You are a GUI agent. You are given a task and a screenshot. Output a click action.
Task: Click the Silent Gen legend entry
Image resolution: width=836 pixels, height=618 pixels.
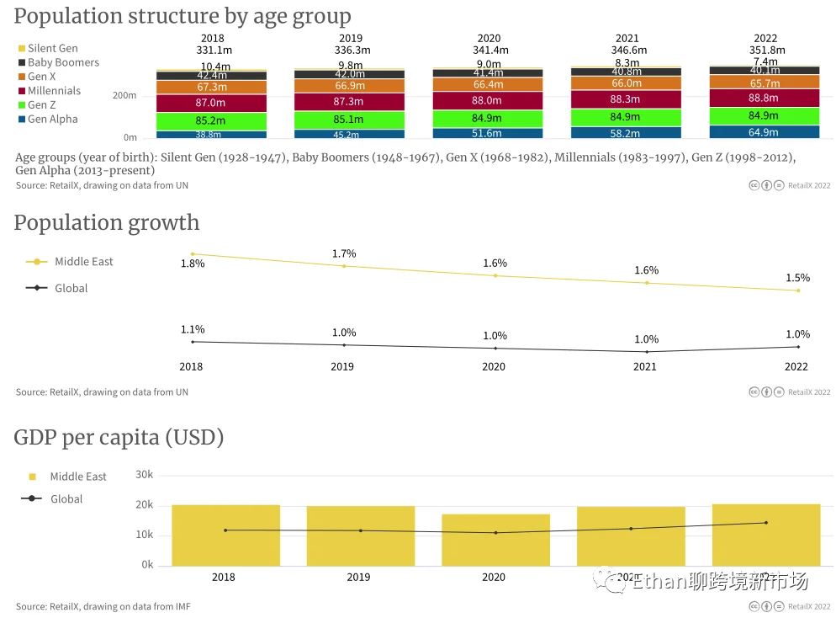coord(51,49)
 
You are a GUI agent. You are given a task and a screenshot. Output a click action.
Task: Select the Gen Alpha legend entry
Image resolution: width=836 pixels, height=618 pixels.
coord(51,120)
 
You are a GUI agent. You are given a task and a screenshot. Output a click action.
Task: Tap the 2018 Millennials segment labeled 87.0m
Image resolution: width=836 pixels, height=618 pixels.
coord(199,103)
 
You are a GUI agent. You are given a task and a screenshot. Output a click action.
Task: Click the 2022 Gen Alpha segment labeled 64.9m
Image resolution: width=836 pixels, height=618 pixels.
coord(764,132)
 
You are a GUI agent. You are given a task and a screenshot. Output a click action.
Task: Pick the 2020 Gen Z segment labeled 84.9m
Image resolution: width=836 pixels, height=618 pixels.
coord(488,118)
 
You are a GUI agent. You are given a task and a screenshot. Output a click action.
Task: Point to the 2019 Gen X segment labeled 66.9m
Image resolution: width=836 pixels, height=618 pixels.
coord(349,86)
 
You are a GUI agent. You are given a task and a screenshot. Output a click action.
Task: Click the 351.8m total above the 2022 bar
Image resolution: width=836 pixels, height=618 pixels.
coord(765,51)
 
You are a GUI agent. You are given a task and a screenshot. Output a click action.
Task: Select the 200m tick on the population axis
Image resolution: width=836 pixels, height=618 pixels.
coord(124,96)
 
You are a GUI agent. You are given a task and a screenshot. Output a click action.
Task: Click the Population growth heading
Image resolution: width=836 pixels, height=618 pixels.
coord(107,223)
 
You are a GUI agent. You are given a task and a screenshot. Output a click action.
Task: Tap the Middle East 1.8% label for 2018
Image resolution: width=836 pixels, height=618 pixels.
coord(193,264)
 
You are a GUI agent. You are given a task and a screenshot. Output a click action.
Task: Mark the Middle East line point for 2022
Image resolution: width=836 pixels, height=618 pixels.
coord(797,290)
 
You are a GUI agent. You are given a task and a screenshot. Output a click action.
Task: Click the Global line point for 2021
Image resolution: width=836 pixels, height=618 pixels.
coord(646,352)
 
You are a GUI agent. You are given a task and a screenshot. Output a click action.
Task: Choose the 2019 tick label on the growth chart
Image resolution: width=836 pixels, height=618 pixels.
coord(342,367)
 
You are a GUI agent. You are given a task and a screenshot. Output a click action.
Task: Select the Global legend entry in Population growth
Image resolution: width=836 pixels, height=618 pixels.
coord(71,288)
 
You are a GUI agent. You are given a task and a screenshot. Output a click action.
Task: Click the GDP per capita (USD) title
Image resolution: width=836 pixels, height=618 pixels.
coord(119,438)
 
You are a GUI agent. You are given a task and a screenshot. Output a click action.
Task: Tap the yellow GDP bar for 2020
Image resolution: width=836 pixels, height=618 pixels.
coord(495,540)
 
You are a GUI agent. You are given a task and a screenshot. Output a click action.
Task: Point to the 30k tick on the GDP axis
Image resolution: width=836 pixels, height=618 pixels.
coord(145,475)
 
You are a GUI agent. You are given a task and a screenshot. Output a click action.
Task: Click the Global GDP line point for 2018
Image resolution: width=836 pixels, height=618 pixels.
coord(225,530)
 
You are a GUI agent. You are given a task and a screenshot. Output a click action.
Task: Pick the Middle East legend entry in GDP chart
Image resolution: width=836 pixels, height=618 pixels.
coord(77,477)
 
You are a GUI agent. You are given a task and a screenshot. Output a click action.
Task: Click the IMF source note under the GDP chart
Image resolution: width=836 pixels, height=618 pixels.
coord(103,606)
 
